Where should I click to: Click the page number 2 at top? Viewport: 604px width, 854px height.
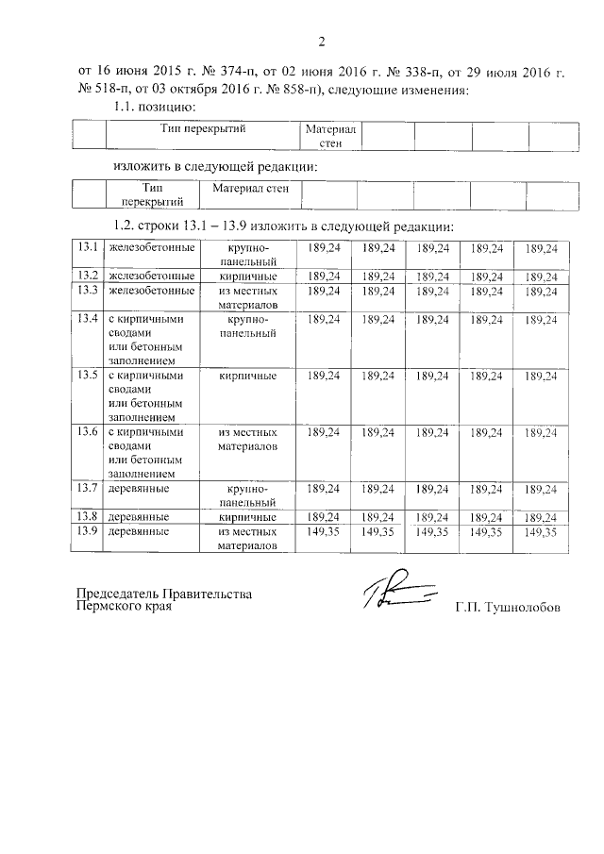(x=321, y=42)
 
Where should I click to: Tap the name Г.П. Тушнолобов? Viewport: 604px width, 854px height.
(x=507, y=608)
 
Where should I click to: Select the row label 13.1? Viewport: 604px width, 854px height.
(x=89, y=247)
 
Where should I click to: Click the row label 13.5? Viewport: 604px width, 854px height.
(x=89, y=376)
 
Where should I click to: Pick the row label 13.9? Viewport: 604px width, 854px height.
(x=89, y=532)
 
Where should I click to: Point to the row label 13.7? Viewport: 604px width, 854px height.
(x=89, y=488)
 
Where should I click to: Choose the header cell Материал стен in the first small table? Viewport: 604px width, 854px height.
(x=329, y=136)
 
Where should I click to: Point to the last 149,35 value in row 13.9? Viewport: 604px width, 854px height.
(x=542, y=532)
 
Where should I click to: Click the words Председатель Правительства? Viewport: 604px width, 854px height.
(x=165, y=594)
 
